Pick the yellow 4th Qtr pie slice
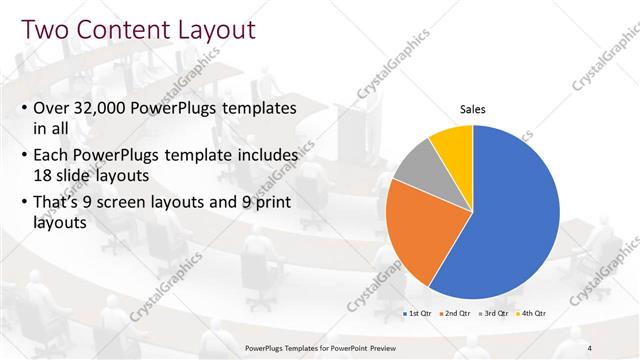click(452, 143)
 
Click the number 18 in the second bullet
click(46, 173)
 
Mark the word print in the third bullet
click(269, 204)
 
